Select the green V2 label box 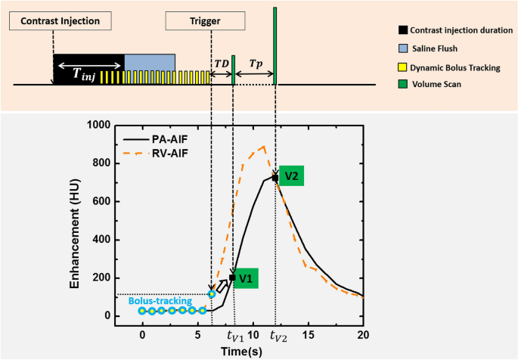coord(292,176)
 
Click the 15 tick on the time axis coord(309,334)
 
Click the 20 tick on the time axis coord(364,334)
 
